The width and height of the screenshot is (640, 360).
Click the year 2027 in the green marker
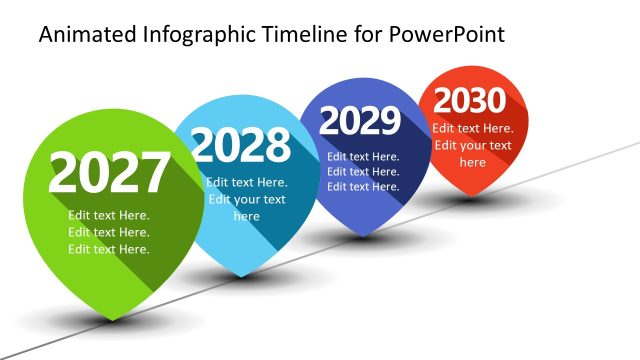109,174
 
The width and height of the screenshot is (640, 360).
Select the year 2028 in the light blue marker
241,146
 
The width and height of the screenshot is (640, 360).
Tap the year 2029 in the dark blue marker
359,122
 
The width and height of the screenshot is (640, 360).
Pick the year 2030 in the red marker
470,101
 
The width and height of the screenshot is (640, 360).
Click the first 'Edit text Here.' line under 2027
109,216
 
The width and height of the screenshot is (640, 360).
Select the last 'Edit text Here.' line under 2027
109,249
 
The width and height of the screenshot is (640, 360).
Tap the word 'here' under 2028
246,216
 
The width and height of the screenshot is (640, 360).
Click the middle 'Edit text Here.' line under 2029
363,171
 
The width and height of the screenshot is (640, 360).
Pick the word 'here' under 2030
472,162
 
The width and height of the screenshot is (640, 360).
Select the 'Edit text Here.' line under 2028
246,182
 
